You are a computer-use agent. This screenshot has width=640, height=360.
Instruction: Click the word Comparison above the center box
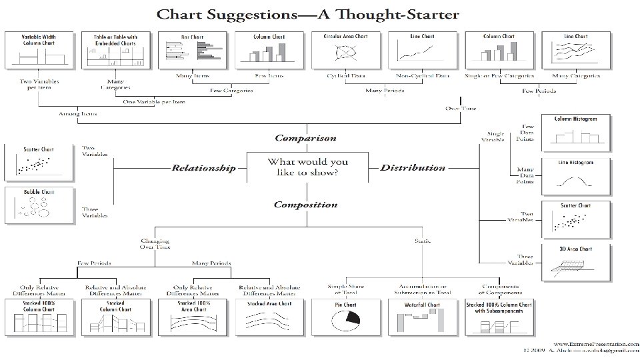pyautogui.click(x=306, y=138)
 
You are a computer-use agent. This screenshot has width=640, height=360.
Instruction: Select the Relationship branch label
pyautogui.click(x=203, y=168)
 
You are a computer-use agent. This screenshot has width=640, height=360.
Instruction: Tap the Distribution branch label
pyautogui.click(x=413, y=167)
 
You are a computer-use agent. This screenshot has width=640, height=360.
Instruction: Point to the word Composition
pyautogui.click(x=306, y=205)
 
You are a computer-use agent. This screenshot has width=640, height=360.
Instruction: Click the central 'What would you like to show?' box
pyautogui.click(x=307, y=167)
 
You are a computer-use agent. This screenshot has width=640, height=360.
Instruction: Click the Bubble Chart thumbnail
pyautogui.click(x=39, y=205)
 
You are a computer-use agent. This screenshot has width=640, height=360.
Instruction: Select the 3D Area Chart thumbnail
pyautogui.click(x=575, y=263)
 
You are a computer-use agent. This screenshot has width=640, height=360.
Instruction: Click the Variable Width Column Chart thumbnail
pyautogui.click(x=39, y=49)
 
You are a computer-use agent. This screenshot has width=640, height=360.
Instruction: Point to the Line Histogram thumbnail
pyautogui.click(x=575, y=175)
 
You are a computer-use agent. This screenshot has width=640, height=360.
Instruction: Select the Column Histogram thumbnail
pyautogui.click(x=575, y=132)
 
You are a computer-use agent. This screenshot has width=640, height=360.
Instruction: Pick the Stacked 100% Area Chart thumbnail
pyautogui.click(x=193, y=316)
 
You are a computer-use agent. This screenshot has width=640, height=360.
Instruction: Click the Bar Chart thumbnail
pyautogui.click(x=193, y=49)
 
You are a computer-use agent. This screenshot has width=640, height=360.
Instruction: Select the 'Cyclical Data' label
pyautogui.click(x=343, y=75)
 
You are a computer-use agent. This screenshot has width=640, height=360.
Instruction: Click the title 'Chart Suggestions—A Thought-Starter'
pyautogui.click(x=307, y=15)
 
